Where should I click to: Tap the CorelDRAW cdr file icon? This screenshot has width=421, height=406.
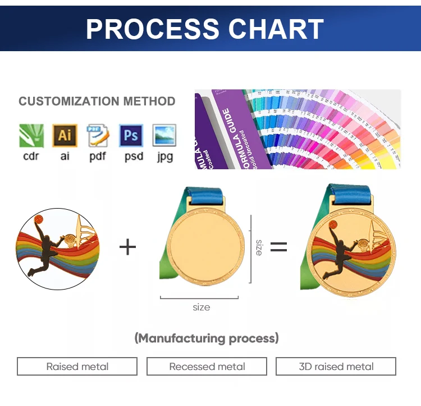pos(31,136)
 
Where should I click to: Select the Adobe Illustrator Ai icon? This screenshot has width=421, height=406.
pos(65,136)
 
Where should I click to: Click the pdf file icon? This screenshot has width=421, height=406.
pos(98,136)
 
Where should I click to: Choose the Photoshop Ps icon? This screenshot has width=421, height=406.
pos(131,136)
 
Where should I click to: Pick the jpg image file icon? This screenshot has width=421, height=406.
pos(164,136)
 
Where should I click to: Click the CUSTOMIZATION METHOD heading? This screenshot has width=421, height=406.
pos(97,101)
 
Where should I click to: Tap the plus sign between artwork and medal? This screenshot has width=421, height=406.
pos(128,246)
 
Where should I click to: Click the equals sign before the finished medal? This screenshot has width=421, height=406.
pos(278,246)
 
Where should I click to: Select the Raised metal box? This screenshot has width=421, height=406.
pos(77,367)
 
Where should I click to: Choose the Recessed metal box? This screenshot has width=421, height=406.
pos(207,367)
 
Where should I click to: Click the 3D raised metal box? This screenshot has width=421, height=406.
pos(336,367)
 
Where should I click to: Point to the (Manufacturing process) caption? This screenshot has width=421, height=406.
pos(207,338)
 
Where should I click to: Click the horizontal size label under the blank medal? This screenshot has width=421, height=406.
pos(201,307)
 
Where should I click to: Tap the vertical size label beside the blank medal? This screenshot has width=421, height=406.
pos(259,247)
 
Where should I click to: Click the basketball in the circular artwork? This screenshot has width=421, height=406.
pos(39,219)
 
